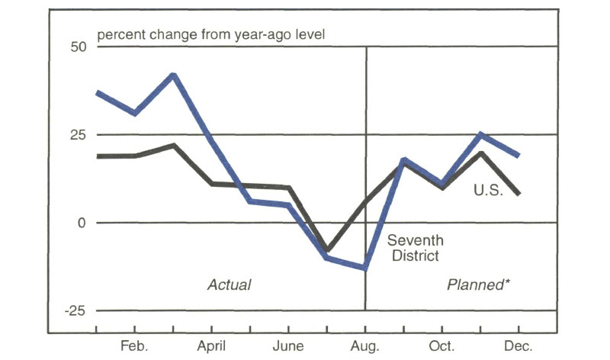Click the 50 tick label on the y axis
click(x=77, y=47)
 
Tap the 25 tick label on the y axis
click(x=77, y=135)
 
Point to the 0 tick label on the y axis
click(x=82, y=223)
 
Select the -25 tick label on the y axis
click(x=75, y=311)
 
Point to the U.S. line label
click(x=488, y=191)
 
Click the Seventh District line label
click(x=416, y=248)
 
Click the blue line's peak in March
click(x=174, y=75)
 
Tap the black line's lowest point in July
click(x=327, y=250)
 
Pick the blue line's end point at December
click(x=519, y=156)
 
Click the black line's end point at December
click(x=519, y=194)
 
